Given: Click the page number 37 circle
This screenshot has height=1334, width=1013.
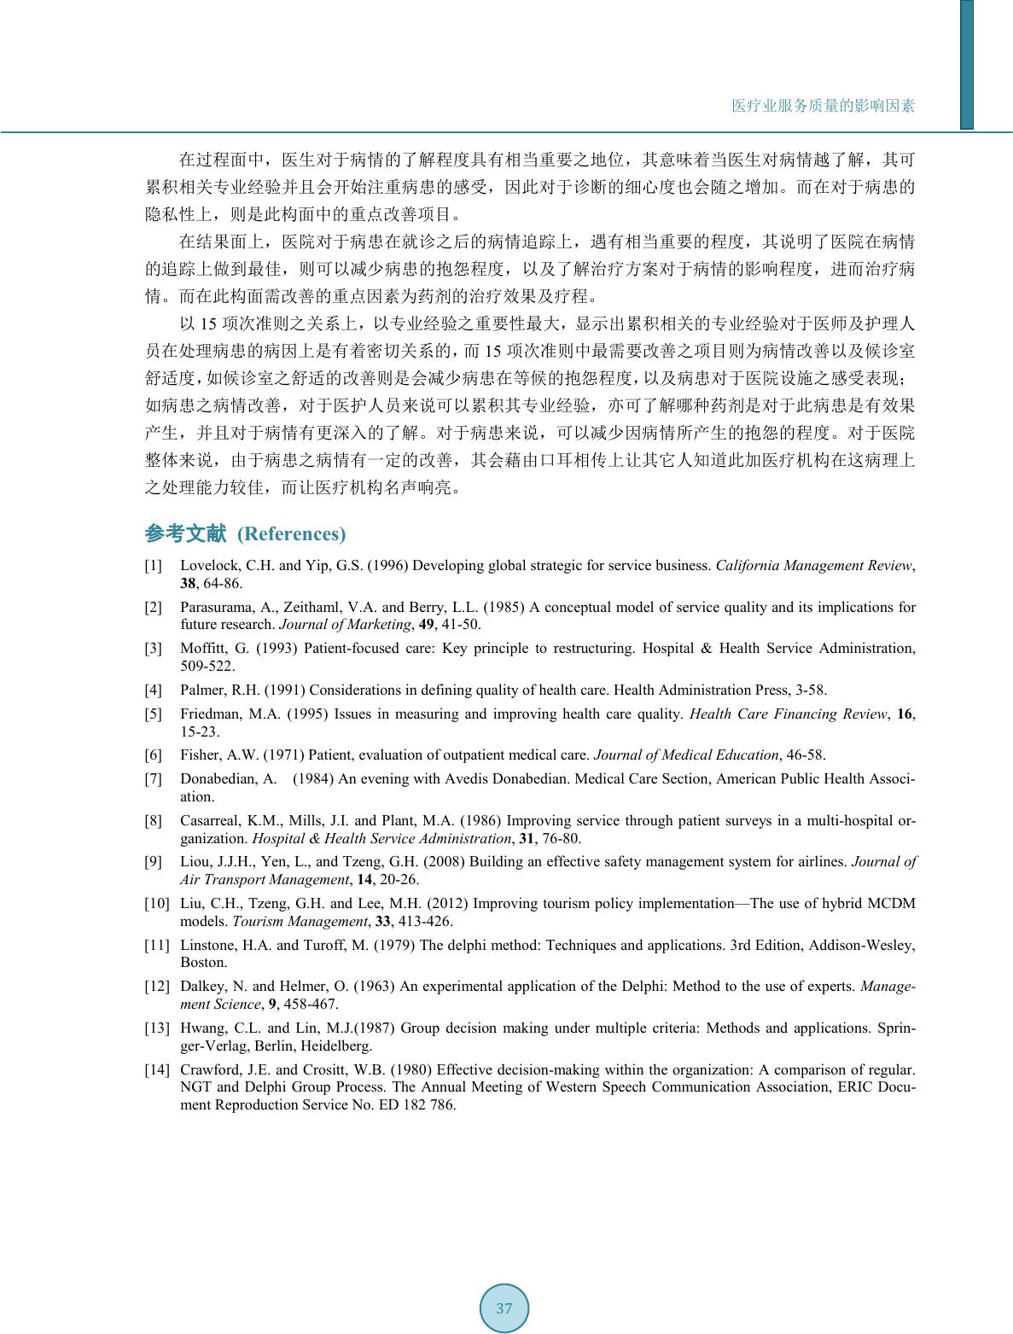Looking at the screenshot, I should (504, 1308).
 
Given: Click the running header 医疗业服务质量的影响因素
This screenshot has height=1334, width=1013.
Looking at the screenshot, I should (823, 106).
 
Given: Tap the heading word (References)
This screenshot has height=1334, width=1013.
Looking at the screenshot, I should (291, 534).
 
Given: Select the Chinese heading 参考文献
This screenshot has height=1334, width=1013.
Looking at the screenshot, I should (185, 534).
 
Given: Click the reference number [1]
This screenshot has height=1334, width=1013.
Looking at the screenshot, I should (153, 566).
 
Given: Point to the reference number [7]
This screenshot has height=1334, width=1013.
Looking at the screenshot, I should (153, 779).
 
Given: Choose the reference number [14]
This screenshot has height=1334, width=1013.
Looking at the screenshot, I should (156, 1069).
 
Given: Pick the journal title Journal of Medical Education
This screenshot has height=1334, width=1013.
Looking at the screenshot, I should (685, 755).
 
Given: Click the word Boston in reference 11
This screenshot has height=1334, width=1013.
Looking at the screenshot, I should (203, 962).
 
